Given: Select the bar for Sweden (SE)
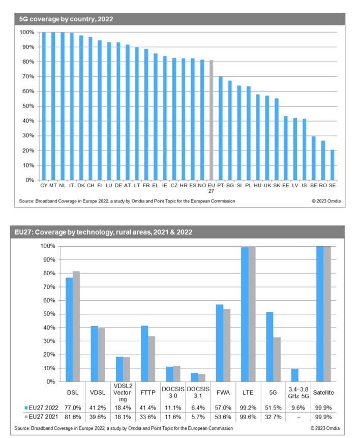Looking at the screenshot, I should [x=333, y=165].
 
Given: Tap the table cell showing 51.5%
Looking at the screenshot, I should [x=273, y=407].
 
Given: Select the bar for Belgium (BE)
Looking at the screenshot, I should [x=314, y=158].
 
